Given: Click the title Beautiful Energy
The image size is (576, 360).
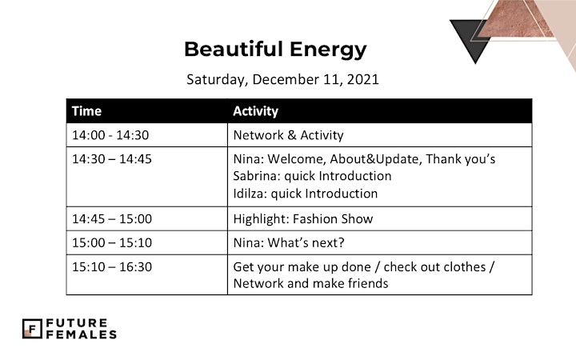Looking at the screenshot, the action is pyautogui.click(x=275, y=50).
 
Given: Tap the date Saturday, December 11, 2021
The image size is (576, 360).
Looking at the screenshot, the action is pyautogui.click(x=282, y=79).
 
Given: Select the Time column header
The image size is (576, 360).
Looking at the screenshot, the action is pyautogui.click(x=86, y=111).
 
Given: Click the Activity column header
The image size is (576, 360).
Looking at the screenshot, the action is pyautogui.click(x=256, y=111).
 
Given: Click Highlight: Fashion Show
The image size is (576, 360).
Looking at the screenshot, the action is pyautogui.click(x=303, y=219).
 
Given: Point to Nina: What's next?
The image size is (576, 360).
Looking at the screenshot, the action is pyautogui.click(x=289, y=243).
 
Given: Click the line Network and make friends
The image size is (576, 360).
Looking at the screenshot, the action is pyautogui.click(x=310, y=283).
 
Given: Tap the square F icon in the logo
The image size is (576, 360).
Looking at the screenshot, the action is pyautogui.click(x=32, y=329).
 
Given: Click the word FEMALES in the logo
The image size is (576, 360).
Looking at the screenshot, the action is pyautogui.click(x=81, y=334).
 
